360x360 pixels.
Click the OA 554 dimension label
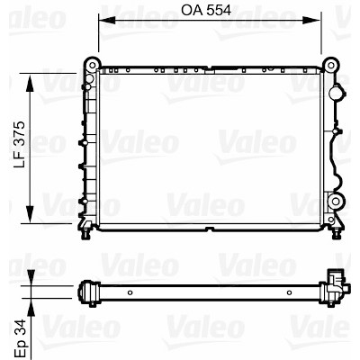click(x=206, y=11)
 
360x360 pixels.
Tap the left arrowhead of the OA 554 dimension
click(x=107, y=20)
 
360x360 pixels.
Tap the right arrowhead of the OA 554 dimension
click(x=312, y=20)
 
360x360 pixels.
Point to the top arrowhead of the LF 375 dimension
click(x=30, y=84)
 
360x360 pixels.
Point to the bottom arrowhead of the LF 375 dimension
click(x=30, y=213)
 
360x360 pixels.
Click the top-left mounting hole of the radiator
click(x=93, y=65)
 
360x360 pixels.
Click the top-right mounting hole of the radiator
click(x=330, y=65)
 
